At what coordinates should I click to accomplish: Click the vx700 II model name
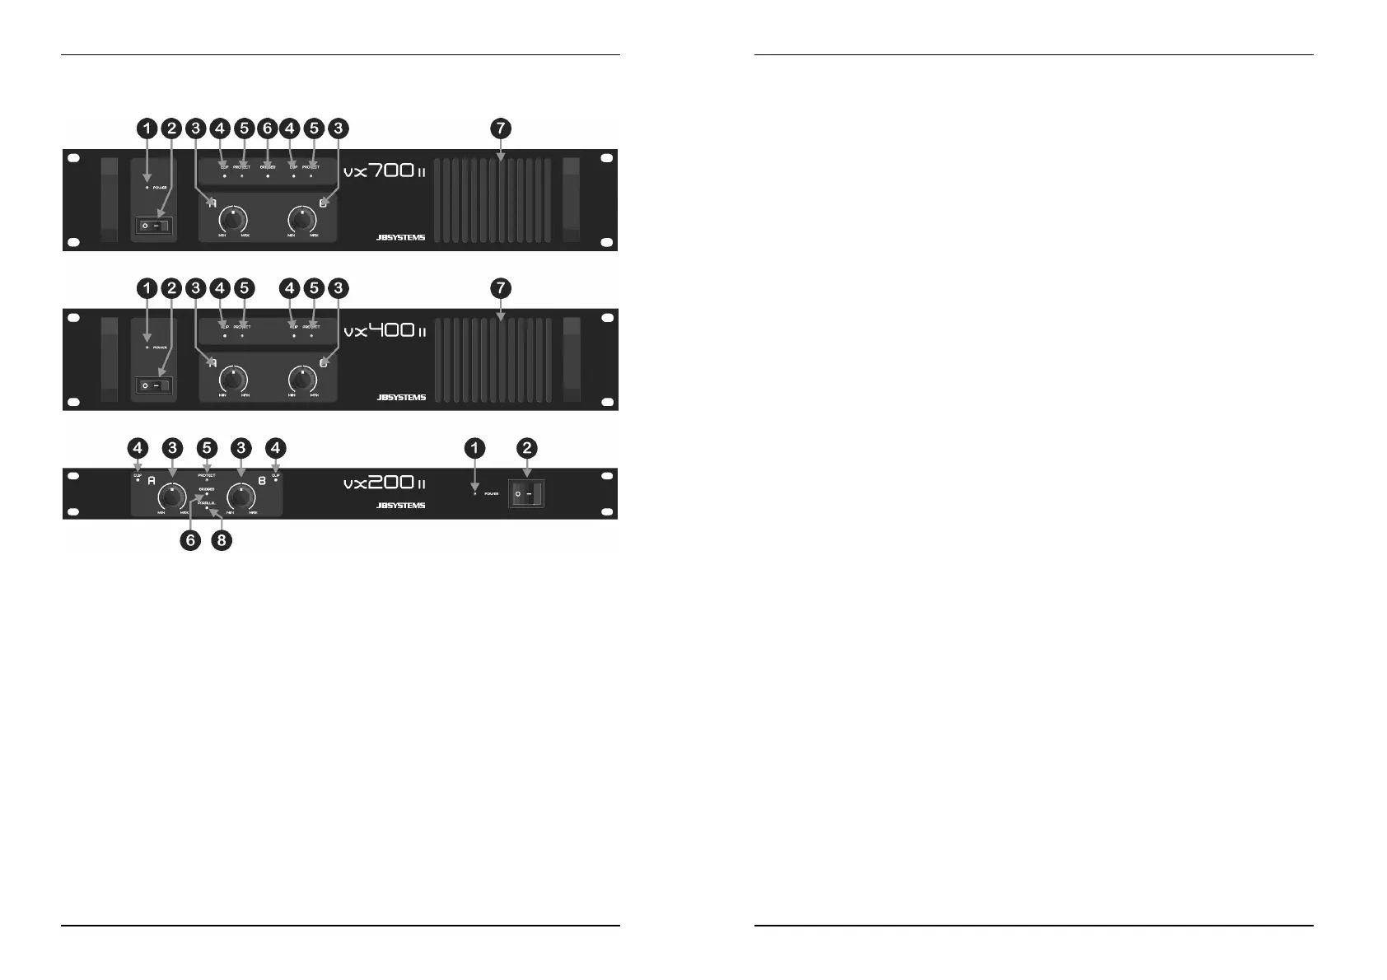pos(384,173)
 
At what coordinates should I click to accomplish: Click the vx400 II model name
pos(384,332)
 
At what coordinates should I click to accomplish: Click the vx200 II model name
pos(384,483)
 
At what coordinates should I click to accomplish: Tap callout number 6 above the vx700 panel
pos(266,128)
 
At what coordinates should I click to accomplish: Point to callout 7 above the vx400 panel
pos(500,288)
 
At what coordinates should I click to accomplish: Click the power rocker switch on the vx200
pos(526,494)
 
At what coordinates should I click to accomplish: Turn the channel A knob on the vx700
pos(235,220)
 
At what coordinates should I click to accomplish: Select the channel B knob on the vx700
pos(303,220)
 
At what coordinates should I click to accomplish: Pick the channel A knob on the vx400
pos(235,380)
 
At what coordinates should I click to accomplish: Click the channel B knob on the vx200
pos(241,498)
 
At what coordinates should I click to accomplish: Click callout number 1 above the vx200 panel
pos(474,448)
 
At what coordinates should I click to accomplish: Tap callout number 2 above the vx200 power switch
pos(526,448)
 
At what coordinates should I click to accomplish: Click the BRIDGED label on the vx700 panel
pos(267,167)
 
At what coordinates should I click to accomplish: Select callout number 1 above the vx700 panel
pos(147,128)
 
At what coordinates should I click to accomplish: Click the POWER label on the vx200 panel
pos(492,494)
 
